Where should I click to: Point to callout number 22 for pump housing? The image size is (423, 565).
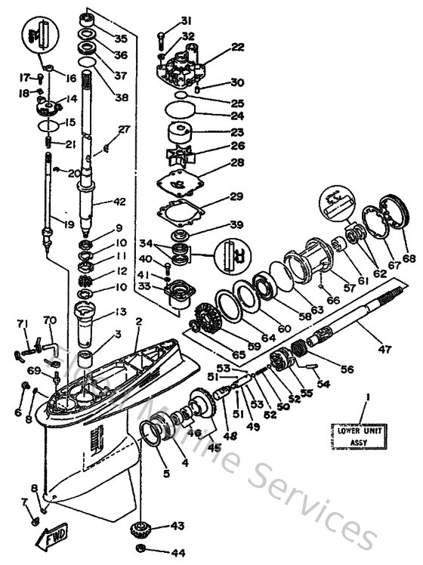point(238,47)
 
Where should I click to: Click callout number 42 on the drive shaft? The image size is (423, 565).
point(119,202)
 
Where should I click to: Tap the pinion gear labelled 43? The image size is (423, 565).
point(139,526)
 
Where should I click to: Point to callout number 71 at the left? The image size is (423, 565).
point(22,324)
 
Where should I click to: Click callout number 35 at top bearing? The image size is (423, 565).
point(121,38)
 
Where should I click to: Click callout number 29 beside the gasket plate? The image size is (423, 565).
point(236,197)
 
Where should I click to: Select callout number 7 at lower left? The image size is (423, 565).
point(23,502)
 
